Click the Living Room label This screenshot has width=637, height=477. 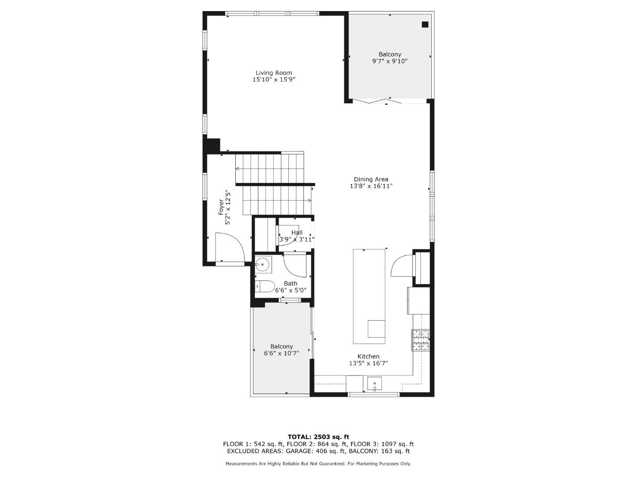(273, 73)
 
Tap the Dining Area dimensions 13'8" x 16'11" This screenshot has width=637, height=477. (371, 186)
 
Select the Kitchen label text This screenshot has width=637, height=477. (368, 356)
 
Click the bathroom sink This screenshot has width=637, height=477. (263, 265)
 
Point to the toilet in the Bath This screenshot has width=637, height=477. (265, 286)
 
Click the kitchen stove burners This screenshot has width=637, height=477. (421, 340)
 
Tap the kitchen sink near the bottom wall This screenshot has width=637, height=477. (374, 383)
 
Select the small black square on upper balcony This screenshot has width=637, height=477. (425, 25)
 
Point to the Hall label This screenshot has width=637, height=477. (297, 232)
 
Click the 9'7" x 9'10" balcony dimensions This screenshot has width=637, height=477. (389, 61)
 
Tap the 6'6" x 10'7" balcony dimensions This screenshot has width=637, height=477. (281, 353)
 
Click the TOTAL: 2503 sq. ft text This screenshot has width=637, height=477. (318, 437)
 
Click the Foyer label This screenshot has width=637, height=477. (221, 207)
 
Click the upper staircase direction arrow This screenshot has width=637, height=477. (238, 169)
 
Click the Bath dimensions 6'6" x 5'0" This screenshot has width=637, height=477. (291, 291)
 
